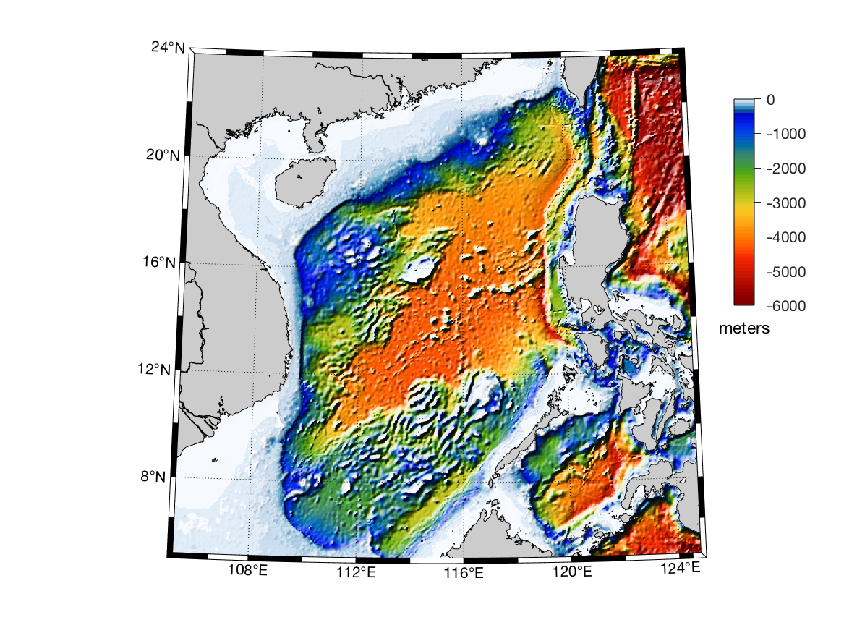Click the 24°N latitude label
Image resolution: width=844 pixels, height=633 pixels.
tap(169, 48)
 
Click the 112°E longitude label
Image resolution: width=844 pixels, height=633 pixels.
tap(356, 572)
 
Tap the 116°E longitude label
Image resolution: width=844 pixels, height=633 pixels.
tap(463, 572)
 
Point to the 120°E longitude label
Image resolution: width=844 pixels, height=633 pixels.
tap(571, 572)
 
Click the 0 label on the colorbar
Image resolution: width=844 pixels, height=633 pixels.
tap(771, 100)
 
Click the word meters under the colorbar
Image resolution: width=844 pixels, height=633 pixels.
tap(744, 328)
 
